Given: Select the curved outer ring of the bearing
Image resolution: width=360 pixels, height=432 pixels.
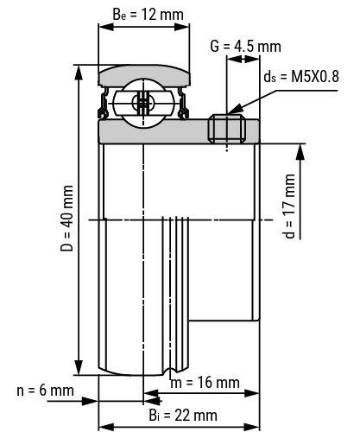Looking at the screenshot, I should point(142,73).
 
